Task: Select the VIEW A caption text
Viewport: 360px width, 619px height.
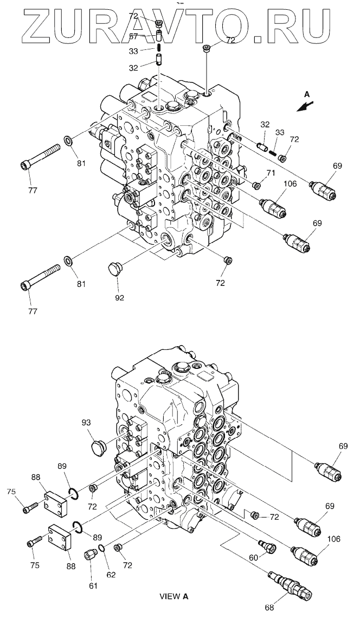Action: [173, 597]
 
